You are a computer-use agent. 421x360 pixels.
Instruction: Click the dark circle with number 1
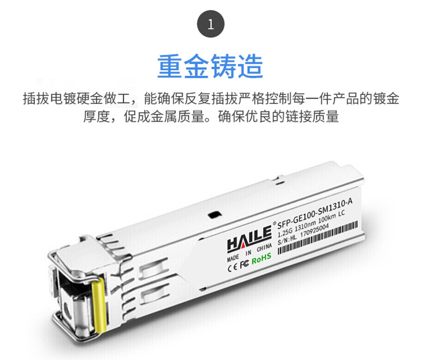[211, 24]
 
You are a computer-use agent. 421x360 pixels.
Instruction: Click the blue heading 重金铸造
[210, 66]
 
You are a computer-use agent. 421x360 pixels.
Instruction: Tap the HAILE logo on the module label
[249, 238]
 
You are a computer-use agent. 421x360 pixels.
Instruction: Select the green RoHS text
[261, 259]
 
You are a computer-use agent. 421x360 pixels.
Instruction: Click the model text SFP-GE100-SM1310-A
[314, 214]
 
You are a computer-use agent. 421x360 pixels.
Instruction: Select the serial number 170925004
[314, 231]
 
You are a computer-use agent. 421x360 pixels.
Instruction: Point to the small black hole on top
[215, 214]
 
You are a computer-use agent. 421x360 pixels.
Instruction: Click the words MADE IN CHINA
[249, 252]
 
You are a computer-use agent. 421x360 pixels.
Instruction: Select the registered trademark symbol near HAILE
[274, 223]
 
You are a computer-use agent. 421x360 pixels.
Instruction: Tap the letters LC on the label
[341, 214]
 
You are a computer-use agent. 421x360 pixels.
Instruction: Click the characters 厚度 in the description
[96, 116]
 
